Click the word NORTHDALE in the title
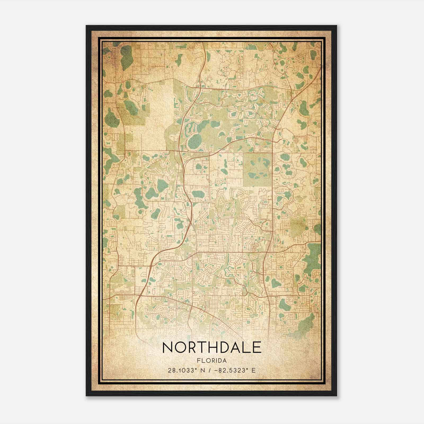pos(211,348)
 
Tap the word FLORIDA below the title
pos(211,361)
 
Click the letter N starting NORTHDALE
pos(167,348)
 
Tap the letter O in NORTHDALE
pos(180,348)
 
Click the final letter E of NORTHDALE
pos(257,348)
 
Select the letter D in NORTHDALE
pos(221,348)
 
